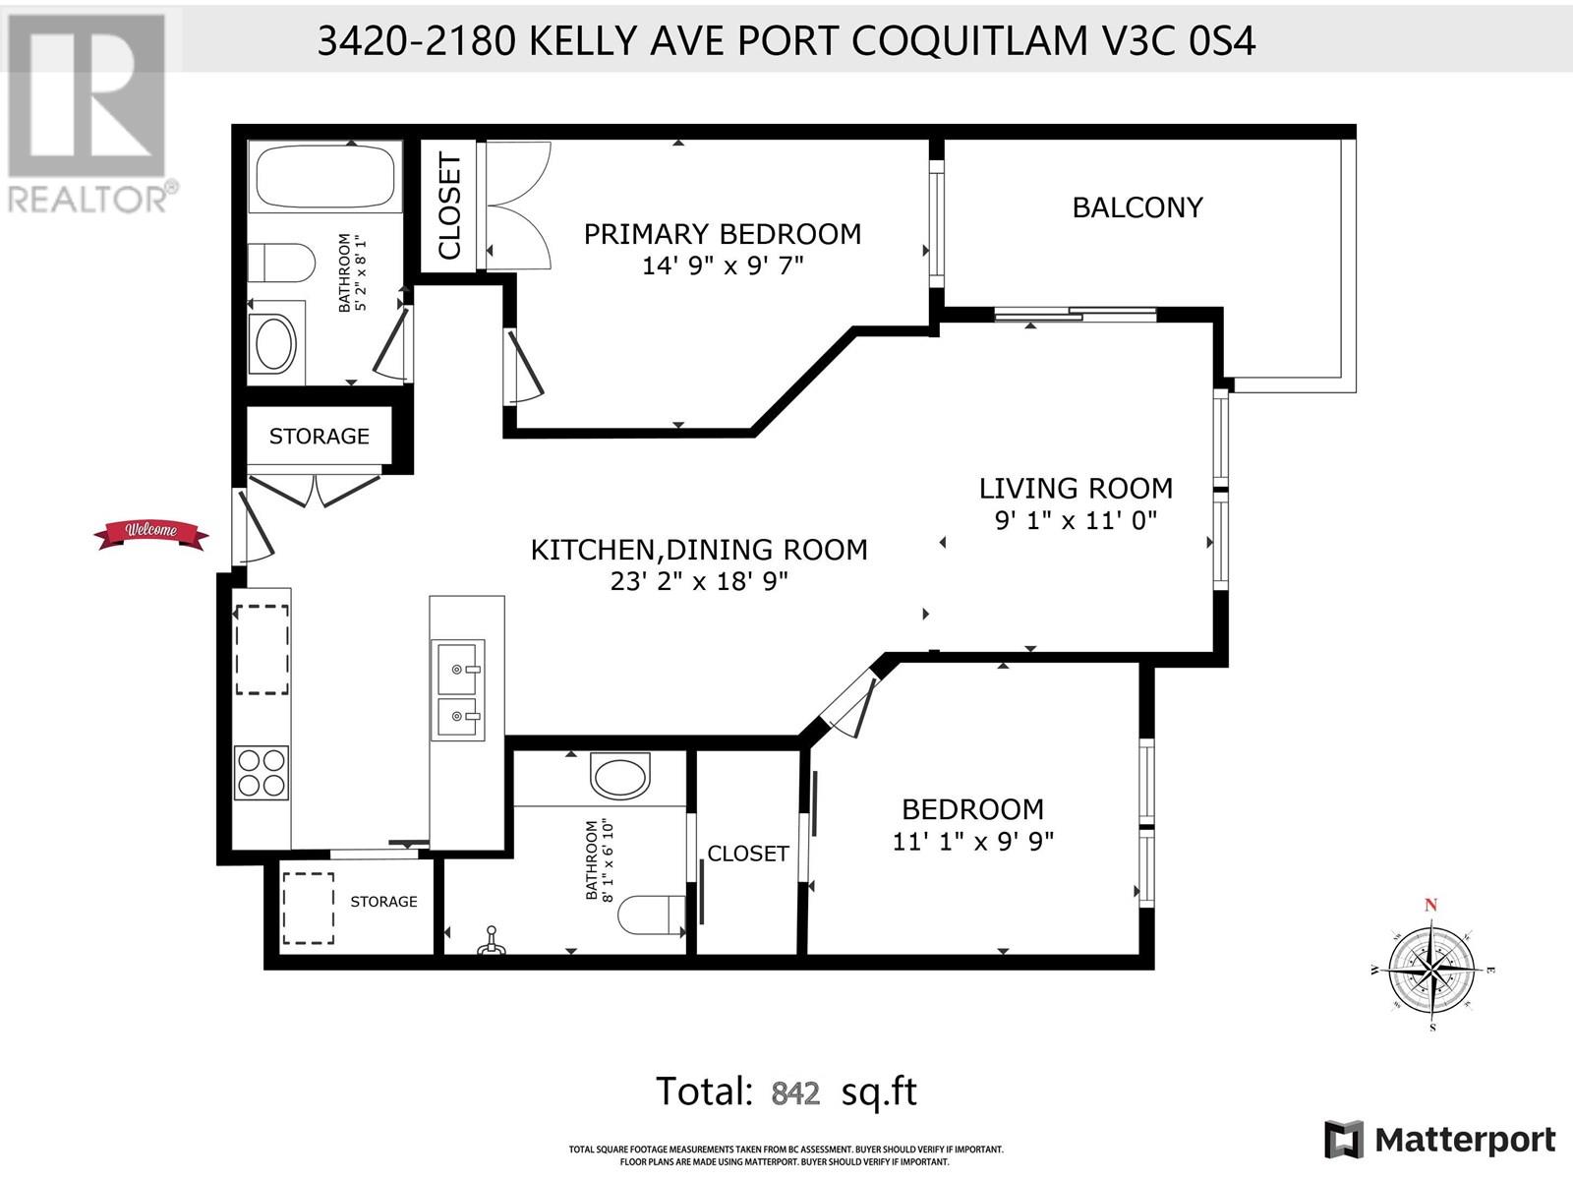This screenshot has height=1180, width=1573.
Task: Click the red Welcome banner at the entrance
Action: [151, 534]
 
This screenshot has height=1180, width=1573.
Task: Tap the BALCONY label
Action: [1137, 207]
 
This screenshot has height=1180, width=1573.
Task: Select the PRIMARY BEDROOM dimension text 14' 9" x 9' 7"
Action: [723, 265]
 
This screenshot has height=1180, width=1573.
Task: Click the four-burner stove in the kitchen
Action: [262, 773]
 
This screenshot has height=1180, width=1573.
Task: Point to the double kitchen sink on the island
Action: [458, 690]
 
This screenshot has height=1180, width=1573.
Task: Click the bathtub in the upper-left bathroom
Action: [324, 177]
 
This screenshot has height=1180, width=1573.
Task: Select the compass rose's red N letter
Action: [1430, 905]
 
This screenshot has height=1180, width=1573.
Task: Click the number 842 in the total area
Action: [795, 1093]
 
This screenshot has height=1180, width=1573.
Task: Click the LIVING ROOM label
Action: [1076, 489]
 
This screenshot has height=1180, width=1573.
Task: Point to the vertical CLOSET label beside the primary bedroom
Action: [448, 206]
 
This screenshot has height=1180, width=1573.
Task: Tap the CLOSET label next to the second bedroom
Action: [748, 854]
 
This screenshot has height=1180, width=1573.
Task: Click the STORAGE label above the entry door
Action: [319, 437]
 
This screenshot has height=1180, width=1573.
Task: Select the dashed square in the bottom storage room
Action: [308, 908]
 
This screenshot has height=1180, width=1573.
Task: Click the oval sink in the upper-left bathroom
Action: [276, 344]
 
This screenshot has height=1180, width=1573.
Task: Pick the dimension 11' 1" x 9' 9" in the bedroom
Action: [973, 841]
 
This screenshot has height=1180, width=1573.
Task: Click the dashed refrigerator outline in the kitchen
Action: [262, 650]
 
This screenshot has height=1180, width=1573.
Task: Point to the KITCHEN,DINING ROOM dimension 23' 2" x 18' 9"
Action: [699, 581]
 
